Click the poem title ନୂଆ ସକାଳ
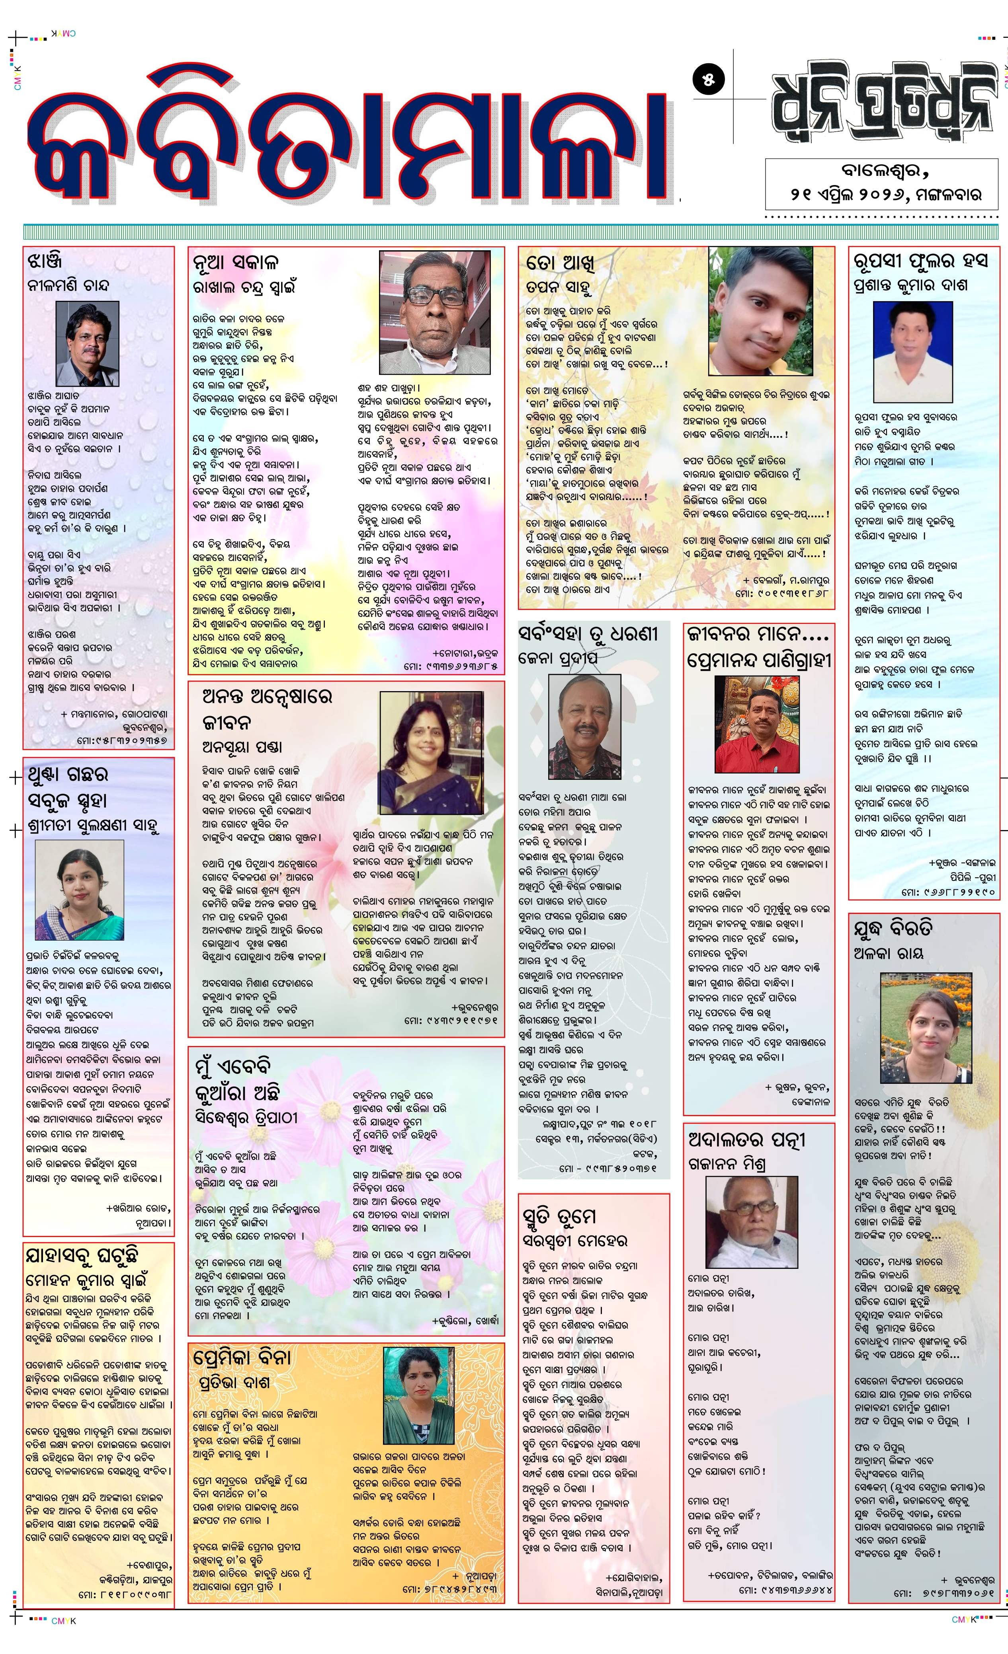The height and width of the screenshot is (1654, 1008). (x=235, y=262)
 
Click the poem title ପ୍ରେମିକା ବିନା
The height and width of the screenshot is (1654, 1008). (x=241, y=1357)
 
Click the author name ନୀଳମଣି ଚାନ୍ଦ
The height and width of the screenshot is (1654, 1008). (x=68, y=284)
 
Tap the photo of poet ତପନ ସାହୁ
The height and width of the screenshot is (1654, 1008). (x=761, y=311)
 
